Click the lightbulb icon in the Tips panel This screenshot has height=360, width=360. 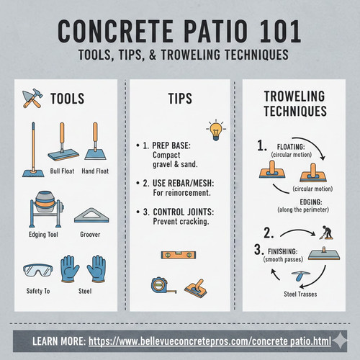point(215,131)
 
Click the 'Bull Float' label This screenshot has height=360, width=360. point(63,171)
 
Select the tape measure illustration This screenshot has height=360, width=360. point(156,286)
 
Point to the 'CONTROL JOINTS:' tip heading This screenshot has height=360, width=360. point(184,212)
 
